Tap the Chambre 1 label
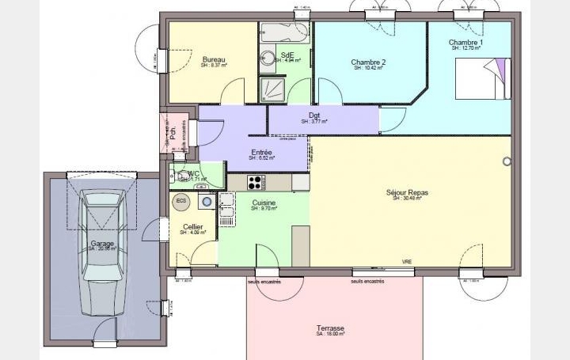466,42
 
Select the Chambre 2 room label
368,63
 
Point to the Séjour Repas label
407,192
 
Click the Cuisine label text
264,203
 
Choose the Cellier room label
192,227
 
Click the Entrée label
261,153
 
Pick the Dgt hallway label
314,116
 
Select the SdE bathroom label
287,55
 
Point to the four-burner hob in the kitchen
256,182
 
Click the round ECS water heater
180,202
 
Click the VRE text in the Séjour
407,262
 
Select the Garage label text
101,244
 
